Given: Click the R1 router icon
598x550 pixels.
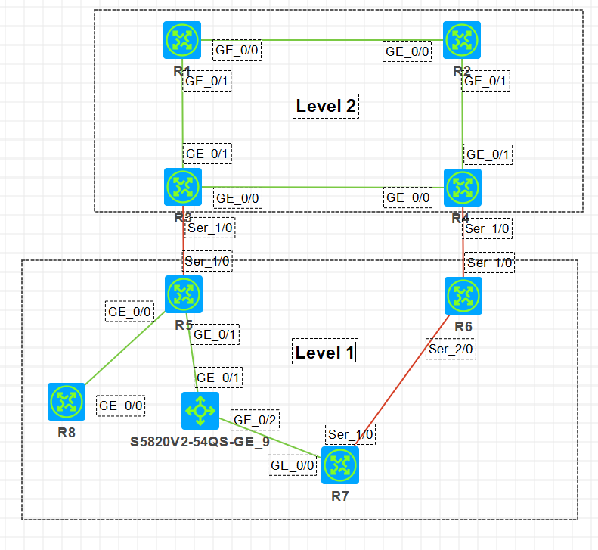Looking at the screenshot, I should pyautogui.click(x=182, y=41).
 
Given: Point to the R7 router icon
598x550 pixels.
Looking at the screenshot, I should pyautogui.click(x=340, y=465).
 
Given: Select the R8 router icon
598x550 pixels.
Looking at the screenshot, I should pyautogui.click(x=67, y=402).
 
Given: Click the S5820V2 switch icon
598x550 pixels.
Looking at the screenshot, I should pyautogui.click(x=200, y=411).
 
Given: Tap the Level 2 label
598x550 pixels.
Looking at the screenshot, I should pyautogui.click(x=325, y=106).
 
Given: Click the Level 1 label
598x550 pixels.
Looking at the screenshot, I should pyautogui.click(x=324, y=352).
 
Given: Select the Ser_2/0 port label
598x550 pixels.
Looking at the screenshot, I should pyautogui.click(x=451, y=349).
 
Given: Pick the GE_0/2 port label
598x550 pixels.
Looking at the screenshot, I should pyautogui.click(x=254, y=420).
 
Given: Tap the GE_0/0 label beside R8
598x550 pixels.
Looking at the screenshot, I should pyautogui.click(x=120, y=405).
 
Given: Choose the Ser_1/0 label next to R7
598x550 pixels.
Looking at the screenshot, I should pyautogui.click(x=351, y=435).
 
